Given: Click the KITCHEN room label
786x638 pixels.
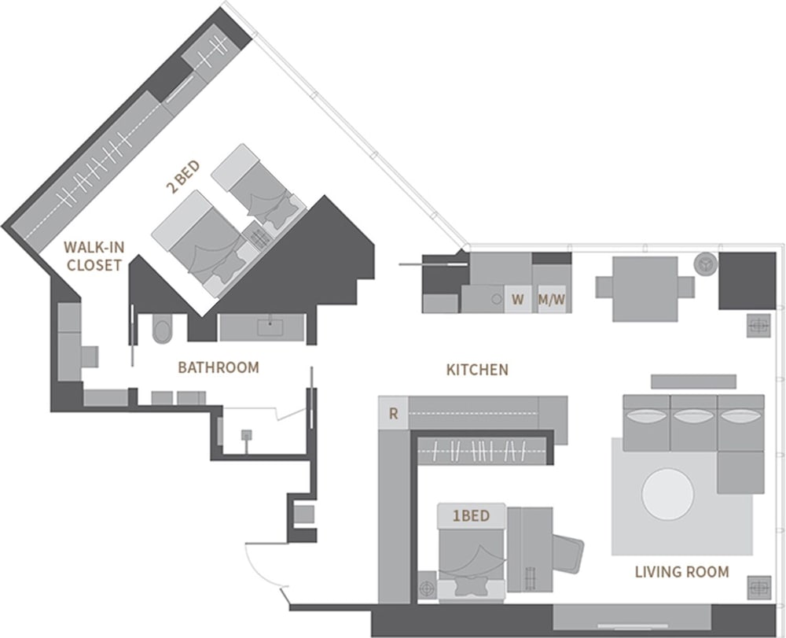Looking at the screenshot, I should [x=477, y=369].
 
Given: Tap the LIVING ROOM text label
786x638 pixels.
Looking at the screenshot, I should [x=681, y=572].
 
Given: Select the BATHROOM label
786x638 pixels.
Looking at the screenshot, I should [x=218, y=367].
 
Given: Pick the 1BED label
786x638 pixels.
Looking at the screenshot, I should [x=471, y=516].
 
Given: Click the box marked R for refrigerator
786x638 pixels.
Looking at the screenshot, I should [x=393, y=415].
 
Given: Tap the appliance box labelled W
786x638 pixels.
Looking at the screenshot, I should [x=517, y=300].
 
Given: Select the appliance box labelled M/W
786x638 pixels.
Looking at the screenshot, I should [x=551, y=300].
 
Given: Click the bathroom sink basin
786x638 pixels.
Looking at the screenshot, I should [x=268, y=325].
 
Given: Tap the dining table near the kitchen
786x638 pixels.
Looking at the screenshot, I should [x=645, y=288].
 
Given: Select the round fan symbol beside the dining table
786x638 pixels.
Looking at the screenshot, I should [x=705, y=264].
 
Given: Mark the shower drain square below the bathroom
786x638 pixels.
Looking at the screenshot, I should [x=247, y=433].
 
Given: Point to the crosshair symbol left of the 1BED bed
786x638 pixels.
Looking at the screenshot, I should [x=425, y=587].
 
